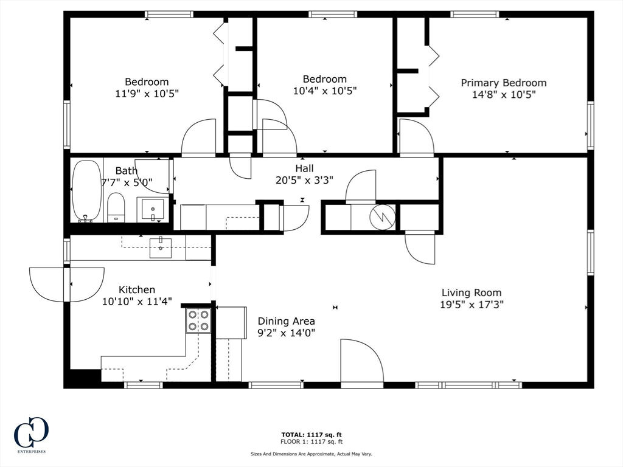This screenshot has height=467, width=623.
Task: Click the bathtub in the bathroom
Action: (86, 190)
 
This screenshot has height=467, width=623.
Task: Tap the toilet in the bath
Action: (116, 207)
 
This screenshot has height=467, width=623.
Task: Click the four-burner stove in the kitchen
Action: (198, 320)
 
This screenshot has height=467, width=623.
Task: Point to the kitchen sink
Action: (161, 248)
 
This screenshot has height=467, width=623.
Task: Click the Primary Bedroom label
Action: (503, 83)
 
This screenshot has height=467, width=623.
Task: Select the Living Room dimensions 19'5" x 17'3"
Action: (472, 305)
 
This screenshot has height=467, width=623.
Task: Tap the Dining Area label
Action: (286, 321)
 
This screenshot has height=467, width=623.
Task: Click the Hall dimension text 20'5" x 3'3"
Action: (304, 180)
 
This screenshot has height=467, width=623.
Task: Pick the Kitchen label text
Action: (137, 289)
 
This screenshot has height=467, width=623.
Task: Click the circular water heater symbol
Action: (382, 217)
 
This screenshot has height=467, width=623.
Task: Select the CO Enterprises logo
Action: (31, 434)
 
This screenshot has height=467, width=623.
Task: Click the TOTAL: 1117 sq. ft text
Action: (311, 435)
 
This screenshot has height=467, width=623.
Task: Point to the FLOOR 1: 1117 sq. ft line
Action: (311, 441)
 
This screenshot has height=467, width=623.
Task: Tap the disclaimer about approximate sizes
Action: (311, 454)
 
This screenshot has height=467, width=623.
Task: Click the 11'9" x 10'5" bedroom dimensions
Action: (147, 94)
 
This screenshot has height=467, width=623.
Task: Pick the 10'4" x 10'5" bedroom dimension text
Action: (325, 91)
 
